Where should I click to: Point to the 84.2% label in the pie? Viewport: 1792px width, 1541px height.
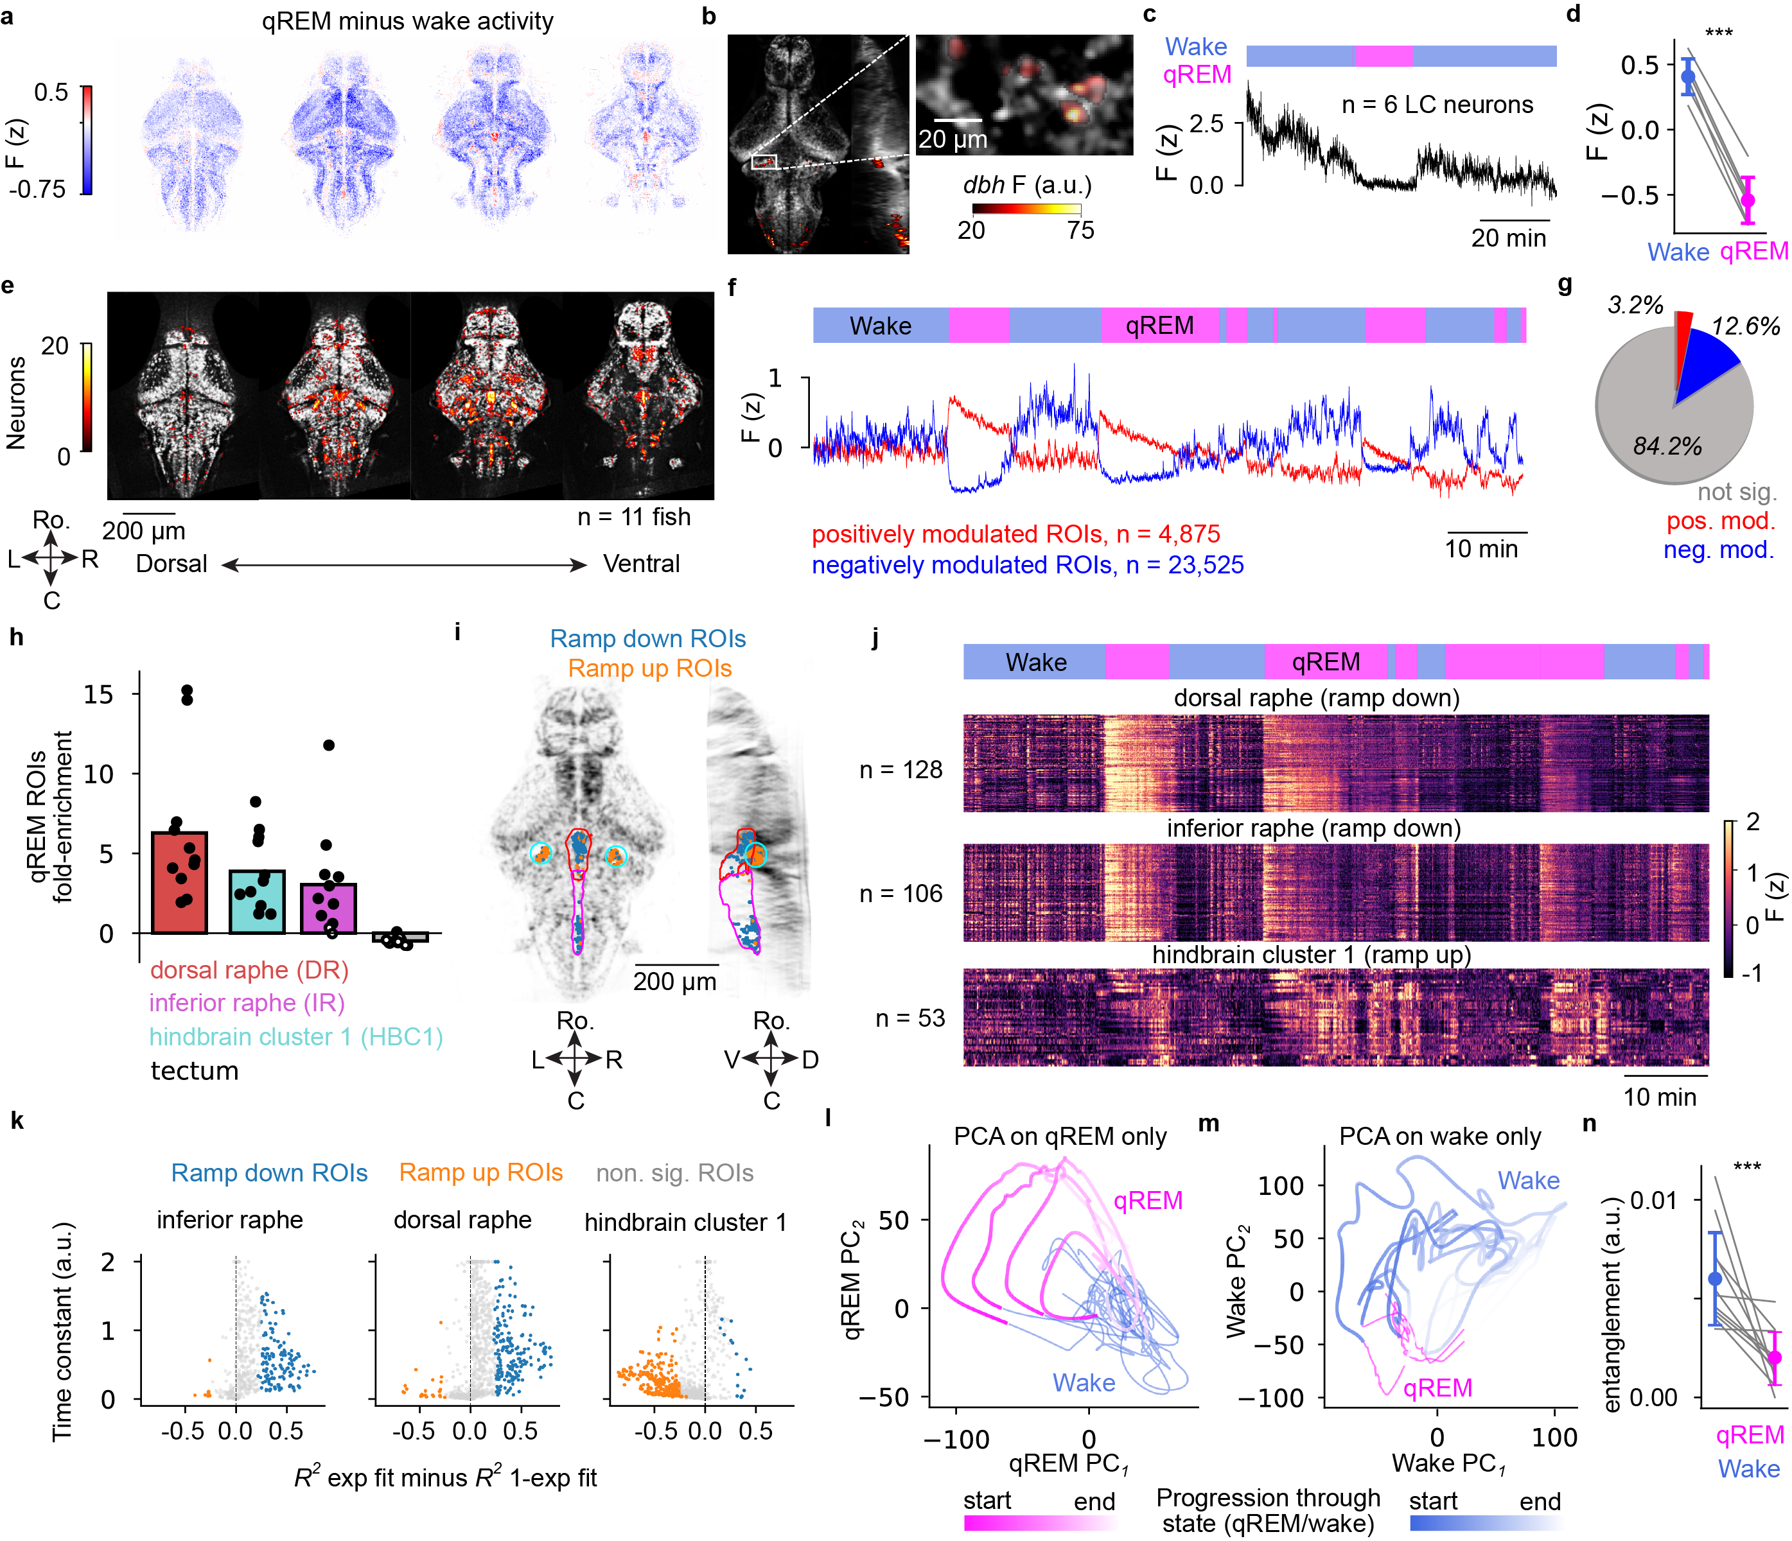coord(1667,446)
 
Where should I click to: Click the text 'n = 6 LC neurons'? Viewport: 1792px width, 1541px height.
coord(1437,105)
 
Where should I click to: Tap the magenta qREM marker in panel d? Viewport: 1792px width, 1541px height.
coord(1748,200)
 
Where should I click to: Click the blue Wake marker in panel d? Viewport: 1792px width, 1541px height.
coord(1688,76)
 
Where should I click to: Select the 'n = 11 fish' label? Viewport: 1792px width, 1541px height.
coord(634,516)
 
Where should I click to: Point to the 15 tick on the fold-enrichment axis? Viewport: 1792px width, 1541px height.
coord(99,693)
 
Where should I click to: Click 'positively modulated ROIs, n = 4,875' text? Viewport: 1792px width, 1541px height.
coord(1015,534)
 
